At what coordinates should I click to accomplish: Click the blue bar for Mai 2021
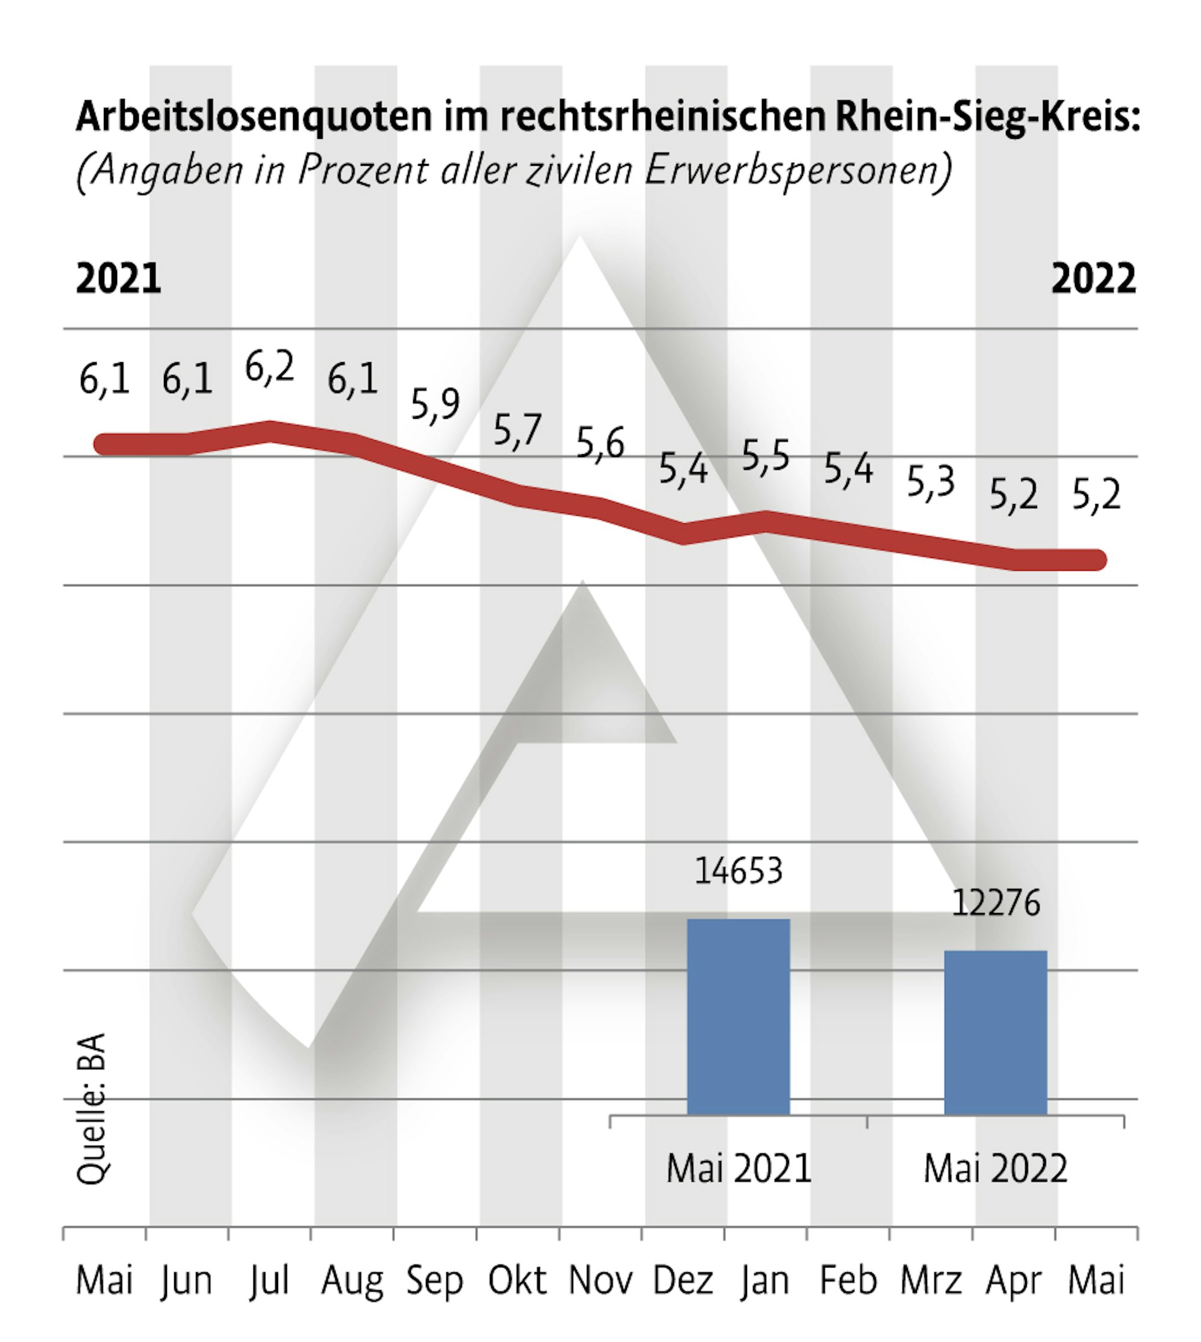[739, 1017]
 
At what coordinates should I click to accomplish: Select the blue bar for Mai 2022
[995, 1033]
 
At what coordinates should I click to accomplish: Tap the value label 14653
[739, 870]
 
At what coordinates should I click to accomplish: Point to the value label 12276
[995, 902]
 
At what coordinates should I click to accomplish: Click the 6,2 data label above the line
[269, 368]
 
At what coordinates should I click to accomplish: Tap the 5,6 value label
[600, 442]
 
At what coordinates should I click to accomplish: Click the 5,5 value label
[766, 455]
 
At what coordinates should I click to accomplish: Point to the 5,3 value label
[930, 481]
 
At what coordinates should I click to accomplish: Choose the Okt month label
[518, 1280]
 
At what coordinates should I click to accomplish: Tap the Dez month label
[683, 1280]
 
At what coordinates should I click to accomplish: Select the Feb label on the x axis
[848, 1280]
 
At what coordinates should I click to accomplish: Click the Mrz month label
[930, 1280]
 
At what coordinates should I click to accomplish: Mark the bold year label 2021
[119, 279]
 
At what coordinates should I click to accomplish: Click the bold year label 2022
[1094, 279]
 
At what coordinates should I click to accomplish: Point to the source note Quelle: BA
[91, 1109]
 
